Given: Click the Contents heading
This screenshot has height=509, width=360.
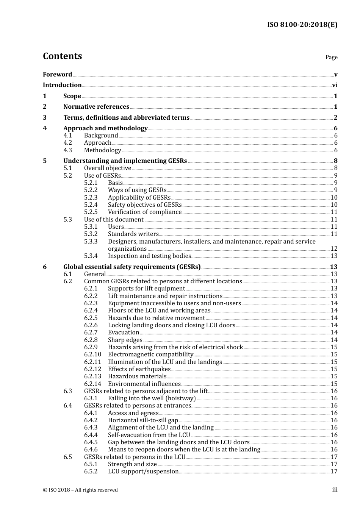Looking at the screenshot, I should (62, 56).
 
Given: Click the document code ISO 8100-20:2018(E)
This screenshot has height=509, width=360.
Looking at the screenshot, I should (302, 25).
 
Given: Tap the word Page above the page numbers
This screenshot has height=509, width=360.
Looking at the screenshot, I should (331, 57).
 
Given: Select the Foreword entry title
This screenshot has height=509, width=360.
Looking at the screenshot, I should (57, 74).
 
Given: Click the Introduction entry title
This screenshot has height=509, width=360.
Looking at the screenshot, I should (62, 85).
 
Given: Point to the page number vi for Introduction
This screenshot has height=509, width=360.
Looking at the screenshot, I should (335, 85).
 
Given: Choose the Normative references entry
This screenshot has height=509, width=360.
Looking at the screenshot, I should (96, 107).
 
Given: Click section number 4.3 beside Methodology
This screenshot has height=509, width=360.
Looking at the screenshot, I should (67, 150).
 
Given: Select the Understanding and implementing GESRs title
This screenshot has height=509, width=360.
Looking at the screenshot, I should (125, 161).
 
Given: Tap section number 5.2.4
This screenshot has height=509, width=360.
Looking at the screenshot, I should (91, 205).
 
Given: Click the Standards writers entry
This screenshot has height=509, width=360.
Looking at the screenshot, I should (133, 234).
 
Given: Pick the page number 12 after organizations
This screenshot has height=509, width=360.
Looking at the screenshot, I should (334, 249).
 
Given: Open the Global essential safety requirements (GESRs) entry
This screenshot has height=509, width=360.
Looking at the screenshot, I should (132, 267).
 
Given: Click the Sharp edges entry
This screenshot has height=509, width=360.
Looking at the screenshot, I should (125, 340).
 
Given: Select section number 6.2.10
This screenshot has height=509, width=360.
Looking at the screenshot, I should (92, 354).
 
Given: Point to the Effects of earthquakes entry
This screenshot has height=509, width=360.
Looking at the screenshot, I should (139, 369).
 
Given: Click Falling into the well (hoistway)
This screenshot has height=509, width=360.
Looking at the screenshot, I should (152, 398).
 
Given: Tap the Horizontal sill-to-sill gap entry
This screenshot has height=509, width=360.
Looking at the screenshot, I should (143, 420).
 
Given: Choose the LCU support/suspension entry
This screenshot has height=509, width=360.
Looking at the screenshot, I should (143, 472).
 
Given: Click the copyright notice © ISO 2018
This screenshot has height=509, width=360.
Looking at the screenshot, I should (80, 490).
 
